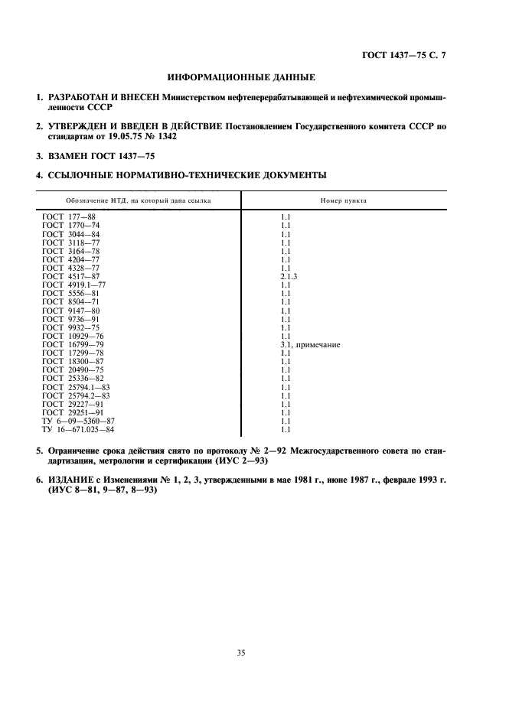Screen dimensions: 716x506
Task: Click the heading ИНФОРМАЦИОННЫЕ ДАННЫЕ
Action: [x=240, y=76]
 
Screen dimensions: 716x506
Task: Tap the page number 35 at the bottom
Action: [x=240, y=653]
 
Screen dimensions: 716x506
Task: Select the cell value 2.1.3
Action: [x=289, y=276]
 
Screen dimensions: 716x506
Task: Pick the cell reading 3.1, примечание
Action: [x=310, y=345]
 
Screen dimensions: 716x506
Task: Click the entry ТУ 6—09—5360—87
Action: [x=79, y=421]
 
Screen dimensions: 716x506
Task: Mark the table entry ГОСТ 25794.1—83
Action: [x=76, y=387]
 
